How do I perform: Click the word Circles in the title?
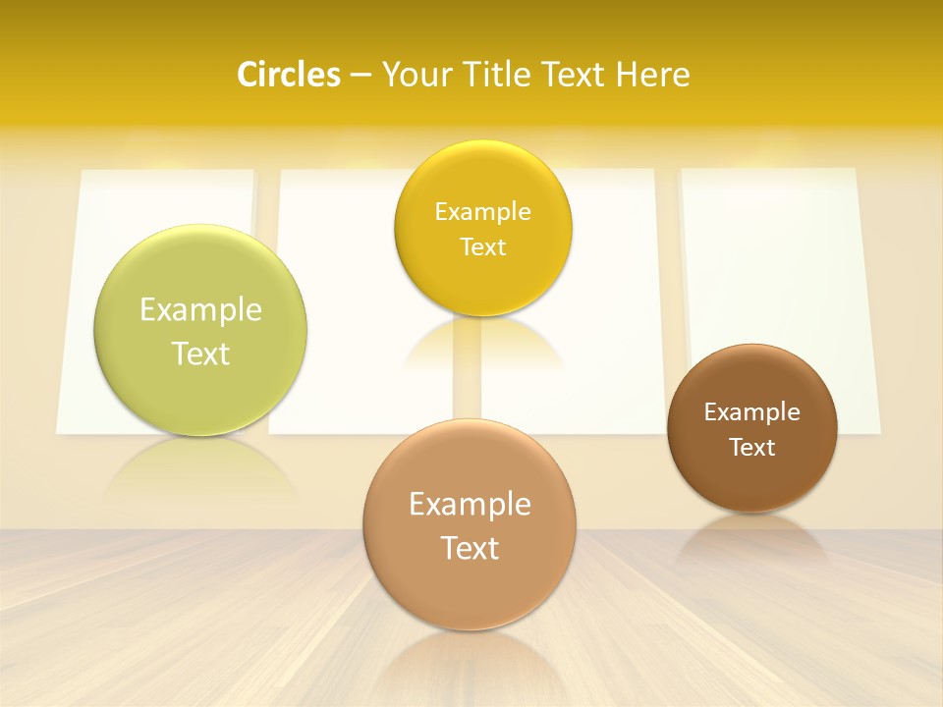point(289,75)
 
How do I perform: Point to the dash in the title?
point(361,76)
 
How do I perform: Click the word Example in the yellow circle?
point(482,211)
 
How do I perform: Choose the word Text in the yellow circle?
point(482,246)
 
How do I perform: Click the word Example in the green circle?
point(200,310)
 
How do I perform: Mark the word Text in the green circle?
point(200,353)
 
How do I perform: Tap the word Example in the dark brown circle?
point(752,411)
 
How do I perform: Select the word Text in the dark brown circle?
point(752,447)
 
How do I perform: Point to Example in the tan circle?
point(470,505)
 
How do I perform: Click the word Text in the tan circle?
point(470,548)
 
